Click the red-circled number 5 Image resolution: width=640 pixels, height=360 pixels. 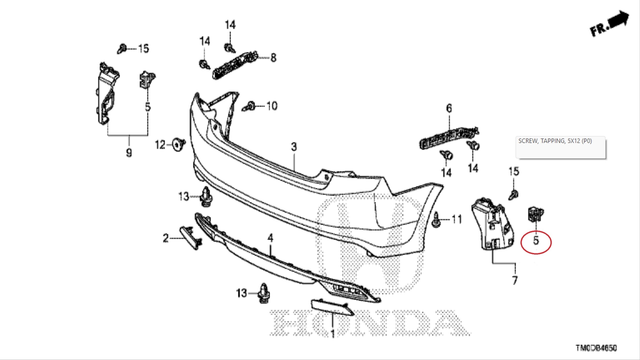(536, 241)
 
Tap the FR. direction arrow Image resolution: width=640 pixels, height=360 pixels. (610, 24)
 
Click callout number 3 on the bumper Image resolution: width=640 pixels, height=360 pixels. (294, 147)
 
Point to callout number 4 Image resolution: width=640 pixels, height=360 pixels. (270, 238)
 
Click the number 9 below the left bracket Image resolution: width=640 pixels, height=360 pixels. (129, 152)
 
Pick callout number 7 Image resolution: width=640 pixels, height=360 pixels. (514, 280)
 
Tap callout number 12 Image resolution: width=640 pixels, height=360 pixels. (160, 145)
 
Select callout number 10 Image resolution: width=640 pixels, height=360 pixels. (271, 106)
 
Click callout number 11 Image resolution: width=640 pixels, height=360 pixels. (457, 219)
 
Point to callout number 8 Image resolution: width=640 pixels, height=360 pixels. (273, 58)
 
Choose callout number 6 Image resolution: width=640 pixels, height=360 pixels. (449, 108)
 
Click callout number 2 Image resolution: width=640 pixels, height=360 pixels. (165, 238)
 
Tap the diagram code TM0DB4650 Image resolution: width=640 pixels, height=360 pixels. (596, 348)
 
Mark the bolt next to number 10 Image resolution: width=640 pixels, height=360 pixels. (249, 106)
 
